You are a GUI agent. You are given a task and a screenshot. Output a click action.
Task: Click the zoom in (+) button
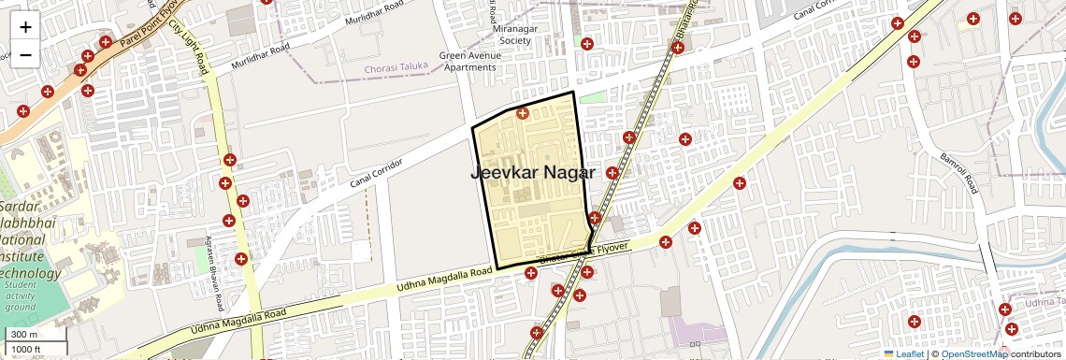(25, 26)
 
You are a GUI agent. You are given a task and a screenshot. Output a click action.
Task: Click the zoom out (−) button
(25, 54)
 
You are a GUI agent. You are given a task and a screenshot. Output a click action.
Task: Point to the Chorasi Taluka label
(396, 67)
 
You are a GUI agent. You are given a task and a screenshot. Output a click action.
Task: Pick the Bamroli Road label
(958, 173)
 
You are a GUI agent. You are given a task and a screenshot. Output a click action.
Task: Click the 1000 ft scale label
(27, 350)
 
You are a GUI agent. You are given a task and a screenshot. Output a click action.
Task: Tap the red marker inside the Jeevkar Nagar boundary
(523, 113)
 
